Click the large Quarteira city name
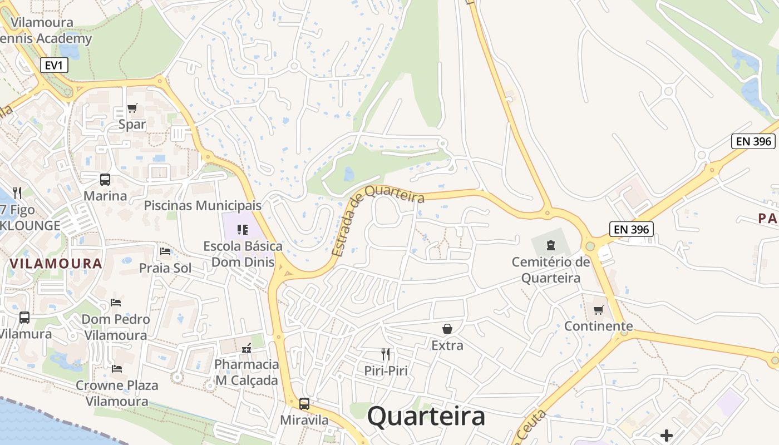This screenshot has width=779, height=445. [426, 416]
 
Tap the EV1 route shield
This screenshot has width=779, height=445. [54, 65]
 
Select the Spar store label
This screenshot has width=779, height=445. [132, 124]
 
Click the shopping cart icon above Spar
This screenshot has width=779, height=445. [132, 108]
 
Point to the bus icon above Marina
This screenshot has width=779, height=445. [105, 179]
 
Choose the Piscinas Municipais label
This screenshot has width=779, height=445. [203, 205]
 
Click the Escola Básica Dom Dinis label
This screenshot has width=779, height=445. [243, 254]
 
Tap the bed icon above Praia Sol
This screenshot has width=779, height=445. [165, 251]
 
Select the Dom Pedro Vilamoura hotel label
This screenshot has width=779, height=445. [116, 327]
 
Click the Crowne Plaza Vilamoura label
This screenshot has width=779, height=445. [117, 393]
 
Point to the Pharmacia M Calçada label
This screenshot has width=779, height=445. [246, 372]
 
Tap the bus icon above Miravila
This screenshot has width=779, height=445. [304, 403]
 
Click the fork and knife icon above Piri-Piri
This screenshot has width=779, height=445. [385, 354]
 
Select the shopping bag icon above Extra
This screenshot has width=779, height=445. [447, 329]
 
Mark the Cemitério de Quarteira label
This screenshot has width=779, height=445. [551, 270]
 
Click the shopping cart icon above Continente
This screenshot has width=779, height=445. [599, 310]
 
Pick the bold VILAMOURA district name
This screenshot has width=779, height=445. [56, 264]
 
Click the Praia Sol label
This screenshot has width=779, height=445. [165, 268]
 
